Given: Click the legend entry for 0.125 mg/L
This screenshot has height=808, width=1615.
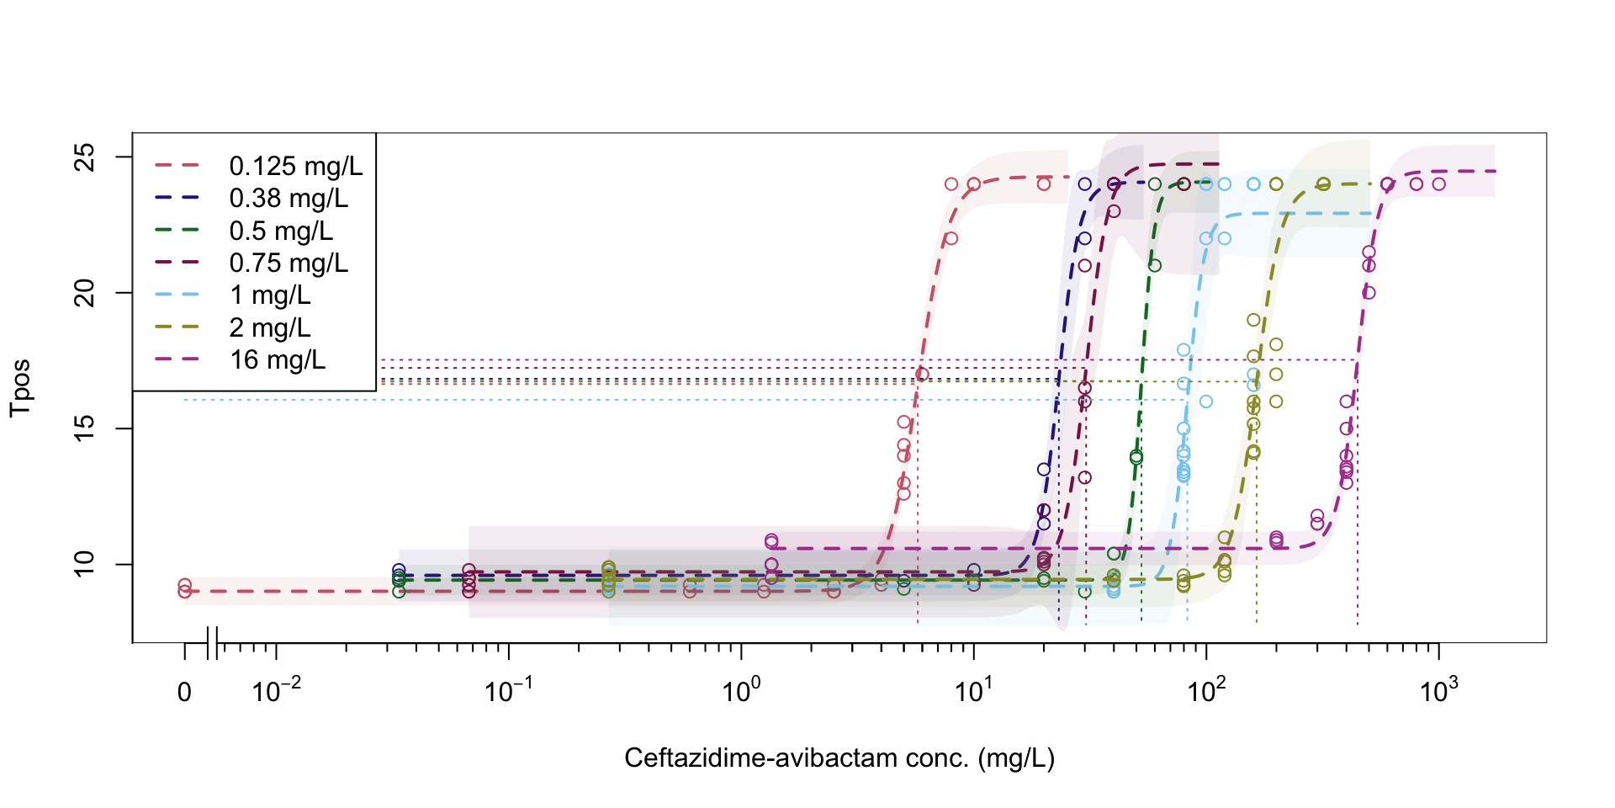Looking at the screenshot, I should (295, 167).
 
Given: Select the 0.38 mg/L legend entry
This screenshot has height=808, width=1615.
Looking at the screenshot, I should (288, 199).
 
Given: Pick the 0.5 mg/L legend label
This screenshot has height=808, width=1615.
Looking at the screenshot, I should (281, 231).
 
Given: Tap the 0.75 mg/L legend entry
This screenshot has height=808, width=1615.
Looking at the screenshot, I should (288, 263).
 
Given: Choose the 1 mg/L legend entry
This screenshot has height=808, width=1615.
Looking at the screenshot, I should (270, 295).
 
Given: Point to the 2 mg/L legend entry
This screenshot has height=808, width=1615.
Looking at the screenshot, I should (270, 327).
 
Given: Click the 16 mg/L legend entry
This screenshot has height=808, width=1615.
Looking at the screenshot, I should (277, 360).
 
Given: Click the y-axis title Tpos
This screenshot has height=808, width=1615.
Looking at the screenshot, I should (20, 388).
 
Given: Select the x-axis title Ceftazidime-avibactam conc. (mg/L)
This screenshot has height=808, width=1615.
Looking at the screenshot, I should (839, 758).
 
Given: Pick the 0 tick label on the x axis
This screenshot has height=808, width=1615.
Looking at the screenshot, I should (184, 693).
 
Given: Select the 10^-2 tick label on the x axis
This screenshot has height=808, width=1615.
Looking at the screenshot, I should (276, 691).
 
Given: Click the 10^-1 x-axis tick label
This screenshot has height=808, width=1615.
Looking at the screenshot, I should (508, 691).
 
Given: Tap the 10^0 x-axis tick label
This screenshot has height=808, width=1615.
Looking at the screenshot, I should (741, 691).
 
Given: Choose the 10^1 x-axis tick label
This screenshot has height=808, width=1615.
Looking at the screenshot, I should (973, 691).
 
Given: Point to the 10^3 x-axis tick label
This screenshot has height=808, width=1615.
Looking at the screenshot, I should (1438, 691).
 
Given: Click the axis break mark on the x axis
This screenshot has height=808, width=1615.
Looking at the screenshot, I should (212, 643).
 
